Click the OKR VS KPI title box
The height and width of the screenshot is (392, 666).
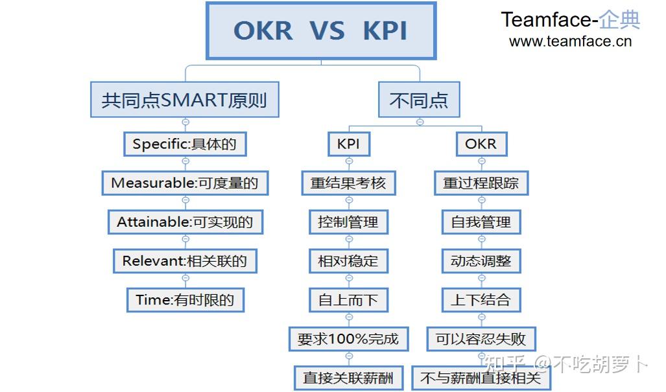pos(321,31)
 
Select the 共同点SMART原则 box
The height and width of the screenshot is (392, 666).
pos(185,100)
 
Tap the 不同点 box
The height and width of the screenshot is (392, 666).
pos(419,100)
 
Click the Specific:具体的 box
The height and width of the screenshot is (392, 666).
pos(185,144)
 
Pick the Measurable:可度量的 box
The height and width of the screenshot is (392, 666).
pos(185,183)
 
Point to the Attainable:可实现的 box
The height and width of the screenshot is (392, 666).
pos(185,222)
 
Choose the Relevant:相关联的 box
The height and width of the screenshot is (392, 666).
pos(185,261)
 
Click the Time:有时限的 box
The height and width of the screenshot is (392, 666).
pos(185,301)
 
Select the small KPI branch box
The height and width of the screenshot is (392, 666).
pos(349,144)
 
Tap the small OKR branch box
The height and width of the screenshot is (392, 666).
pos(481,144)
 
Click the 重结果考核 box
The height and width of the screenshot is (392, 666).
pos(349,183)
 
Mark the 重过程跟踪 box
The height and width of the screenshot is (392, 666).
pos(481,183)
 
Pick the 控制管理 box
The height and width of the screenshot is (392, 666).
pos(349,222)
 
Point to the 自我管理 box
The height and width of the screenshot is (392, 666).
pos(481,222)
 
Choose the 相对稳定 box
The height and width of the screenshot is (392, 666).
pos(349,261)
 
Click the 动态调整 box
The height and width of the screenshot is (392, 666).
pos(481,261)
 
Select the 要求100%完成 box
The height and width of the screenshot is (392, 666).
pos(349,340)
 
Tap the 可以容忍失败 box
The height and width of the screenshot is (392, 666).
pos(481,340)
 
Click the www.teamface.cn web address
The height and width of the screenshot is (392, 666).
pos(571,41)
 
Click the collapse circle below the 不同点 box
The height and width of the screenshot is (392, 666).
pos(420,122)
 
